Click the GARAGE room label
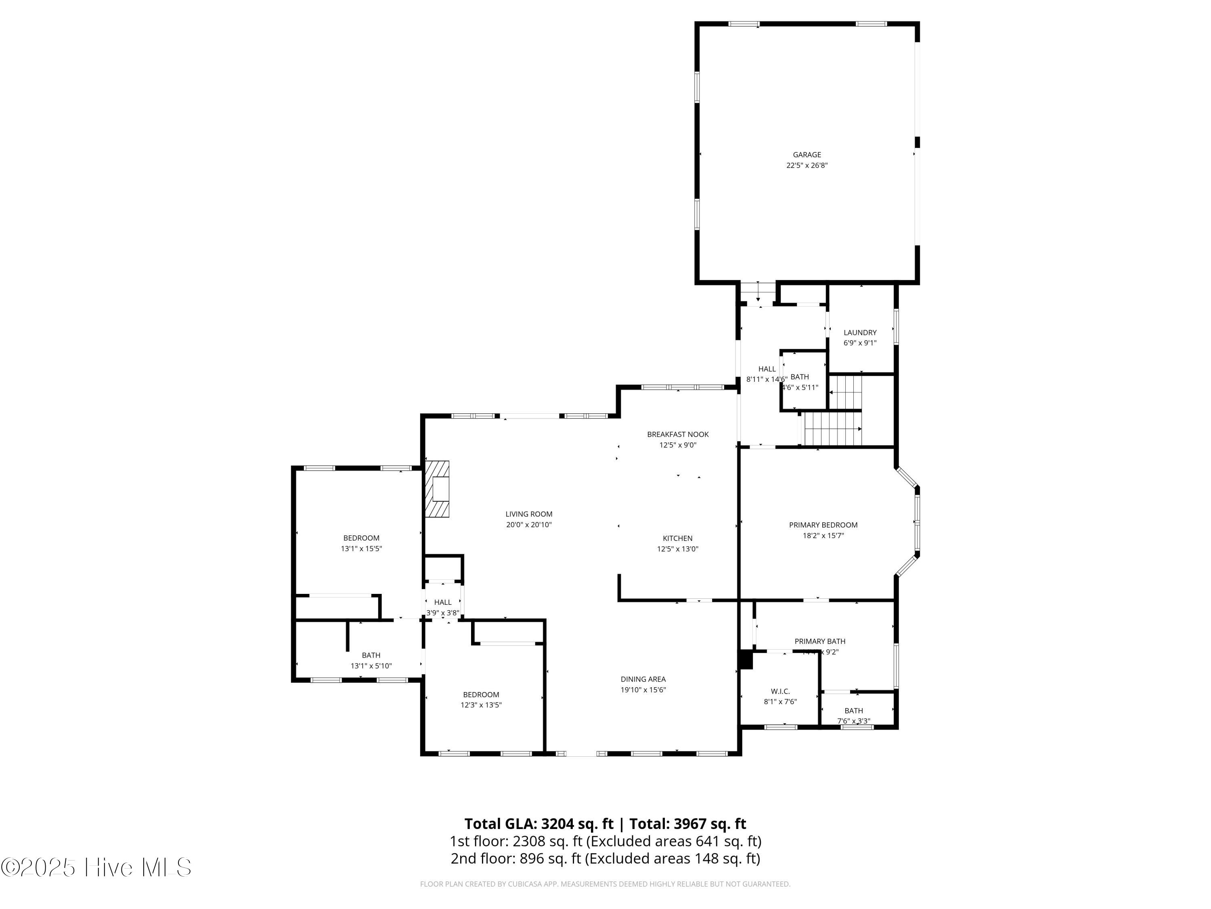point(807,154)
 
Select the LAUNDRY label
point(859,332)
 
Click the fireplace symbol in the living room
point(438,489)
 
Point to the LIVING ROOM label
point(528,514)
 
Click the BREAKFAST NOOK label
point(677,434)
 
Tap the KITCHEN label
point(677,539)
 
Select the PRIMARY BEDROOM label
point(823,525)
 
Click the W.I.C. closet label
point(780,692)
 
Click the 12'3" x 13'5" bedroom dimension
point(481,705)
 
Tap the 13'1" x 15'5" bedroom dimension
point(361,549)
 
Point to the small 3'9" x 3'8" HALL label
point(442,602)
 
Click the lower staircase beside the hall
point(832,429)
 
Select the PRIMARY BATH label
point(819,641)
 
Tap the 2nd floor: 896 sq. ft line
point(605,858)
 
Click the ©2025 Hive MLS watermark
point(96,867)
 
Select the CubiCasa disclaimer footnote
point(605,884)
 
